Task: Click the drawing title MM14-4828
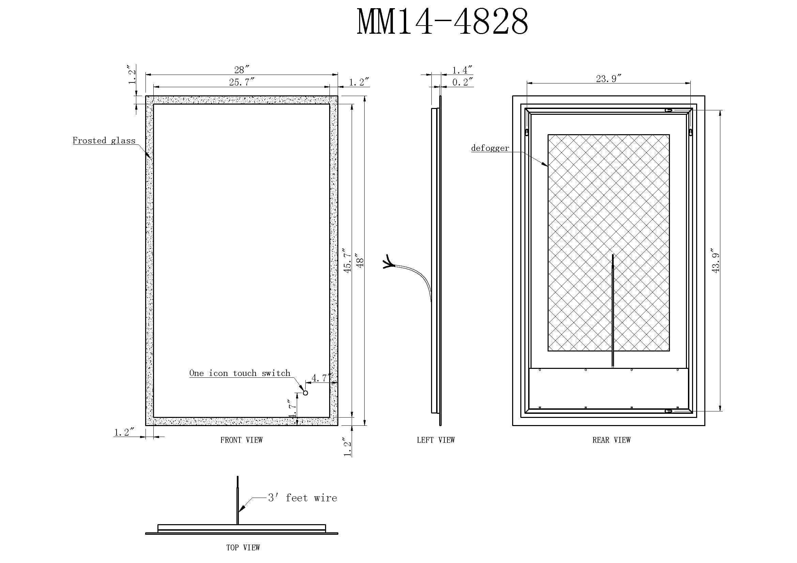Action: [443, 22]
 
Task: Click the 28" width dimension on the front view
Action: [242, 70]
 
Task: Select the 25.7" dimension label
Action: [242, 82]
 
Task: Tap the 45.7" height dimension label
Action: [348, 260]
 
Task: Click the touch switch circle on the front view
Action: [305, 393]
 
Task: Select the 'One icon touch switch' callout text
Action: [240, 373]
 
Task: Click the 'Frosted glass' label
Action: [104, 140]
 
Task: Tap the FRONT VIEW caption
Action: [242, 440]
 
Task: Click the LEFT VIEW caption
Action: [436, 440]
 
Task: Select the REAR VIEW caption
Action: [611, 440]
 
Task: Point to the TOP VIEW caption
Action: [243, 547]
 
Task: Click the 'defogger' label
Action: [490, 148]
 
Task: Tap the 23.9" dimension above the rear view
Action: [609, 79]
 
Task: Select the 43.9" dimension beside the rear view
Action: [716, 261]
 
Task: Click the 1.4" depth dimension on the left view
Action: [462, 70]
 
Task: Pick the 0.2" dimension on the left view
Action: [462, 82]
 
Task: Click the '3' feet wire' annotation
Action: [302, 498]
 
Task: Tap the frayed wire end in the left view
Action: [388, 262]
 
